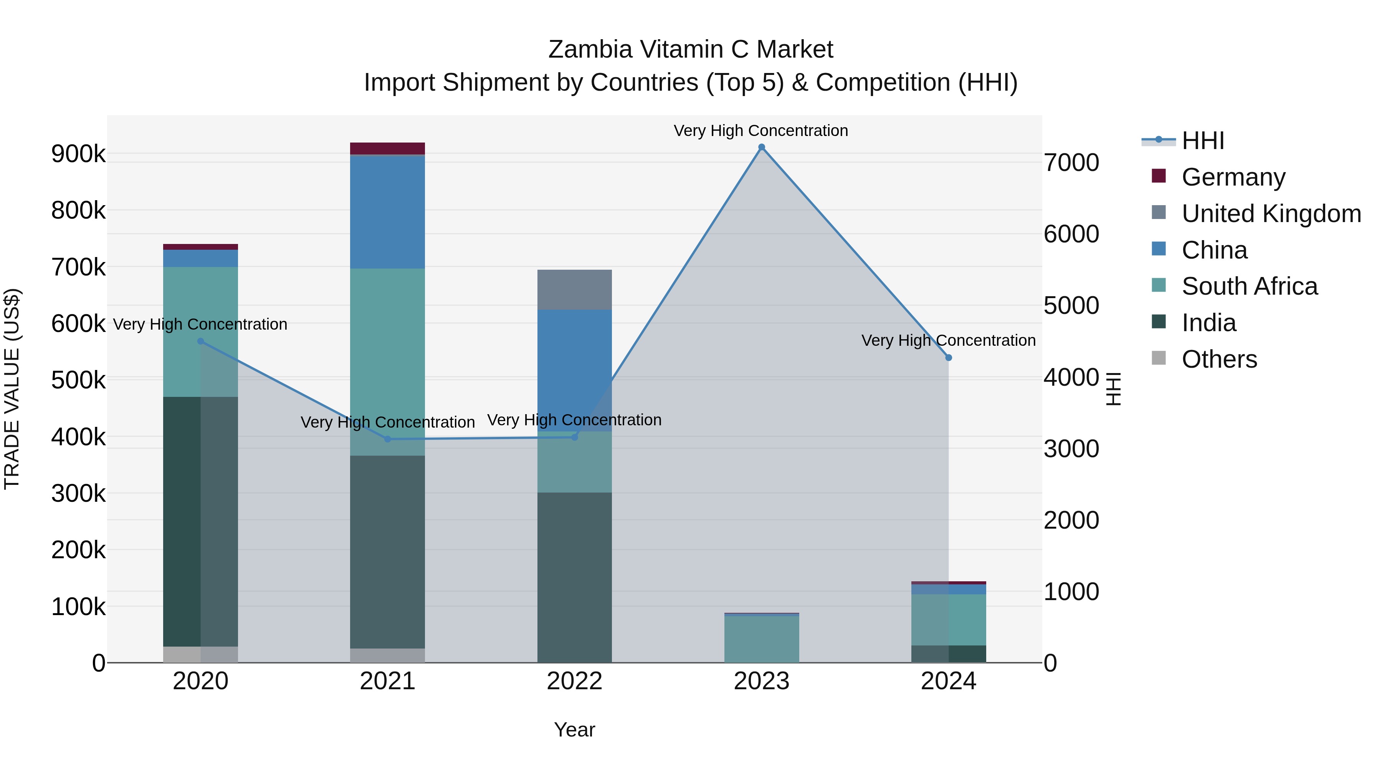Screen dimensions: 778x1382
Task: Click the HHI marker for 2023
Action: point(761,147)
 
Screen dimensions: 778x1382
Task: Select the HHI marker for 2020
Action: point(201,341)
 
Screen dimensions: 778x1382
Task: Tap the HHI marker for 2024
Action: point(949,358)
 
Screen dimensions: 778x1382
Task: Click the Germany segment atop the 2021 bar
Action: point(387,149)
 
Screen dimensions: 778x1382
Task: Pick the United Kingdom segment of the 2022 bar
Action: point(575,290)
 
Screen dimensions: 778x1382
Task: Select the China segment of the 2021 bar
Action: point(387,212)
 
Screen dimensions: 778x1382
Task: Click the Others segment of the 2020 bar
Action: point(201,655)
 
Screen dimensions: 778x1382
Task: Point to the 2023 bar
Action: point(761,639)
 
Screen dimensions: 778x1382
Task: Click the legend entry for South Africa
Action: point(1249,286)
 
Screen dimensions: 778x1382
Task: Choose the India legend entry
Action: point(1209,323)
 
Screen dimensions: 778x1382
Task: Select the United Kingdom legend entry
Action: point(1270,214)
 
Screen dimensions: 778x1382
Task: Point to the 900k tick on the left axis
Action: point(78,154)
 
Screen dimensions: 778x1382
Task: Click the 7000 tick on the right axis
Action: point(1071,163)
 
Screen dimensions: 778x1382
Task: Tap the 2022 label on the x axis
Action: point(575,681)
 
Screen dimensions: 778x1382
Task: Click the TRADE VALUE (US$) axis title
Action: point(12,389)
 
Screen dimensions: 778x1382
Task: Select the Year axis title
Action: point(575,730)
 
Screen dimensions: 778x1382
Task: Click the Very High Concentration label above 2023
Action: point(761,131)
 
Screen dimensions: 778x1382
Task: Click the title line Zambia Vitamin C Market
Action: point(691,50)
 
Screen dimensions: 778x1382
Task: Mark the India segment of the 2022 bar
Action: point(575,577)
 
